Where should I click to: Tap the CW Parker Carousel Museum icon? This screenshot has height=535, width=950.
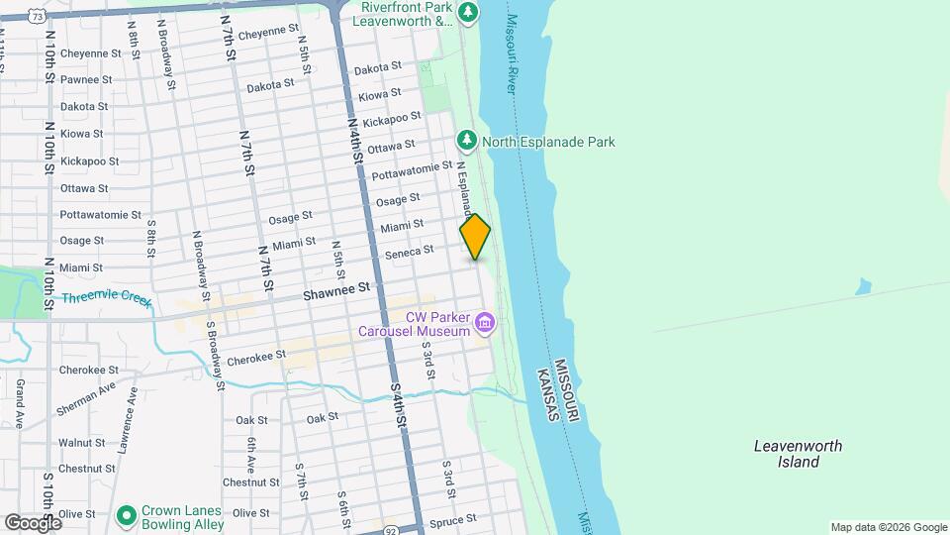[x=485, y=322]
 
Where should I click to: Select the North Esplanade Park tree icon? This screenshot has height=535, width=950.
[x=467, y=142]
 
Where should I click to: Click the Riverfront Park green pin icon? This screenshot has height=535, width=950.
[x=468, y=13]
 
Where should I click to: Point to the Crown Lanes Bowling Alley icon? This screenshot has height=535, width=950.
[x=126, y=515]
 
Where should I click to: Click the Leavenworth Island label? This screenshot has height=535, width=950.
[x=798, y=454]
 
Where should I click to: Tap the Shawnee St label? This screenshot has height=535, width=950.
[x=336, y=289]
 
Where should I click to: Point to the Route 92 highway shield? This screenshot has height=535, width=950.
[x=392, y=529]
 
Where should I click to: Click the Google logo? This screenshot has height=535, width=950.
[x=33, y=522]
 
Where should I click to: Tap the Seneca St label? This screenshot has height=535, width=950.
[x=409, y=252]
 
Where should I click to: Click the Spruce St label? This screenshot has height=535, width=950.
[x=454, y=518]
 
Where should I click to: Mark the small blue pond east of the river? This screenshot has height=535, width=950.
[x=864, y=286]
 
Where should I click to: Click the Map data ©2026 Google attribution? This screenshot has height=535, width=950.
[x=888, y=527]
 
